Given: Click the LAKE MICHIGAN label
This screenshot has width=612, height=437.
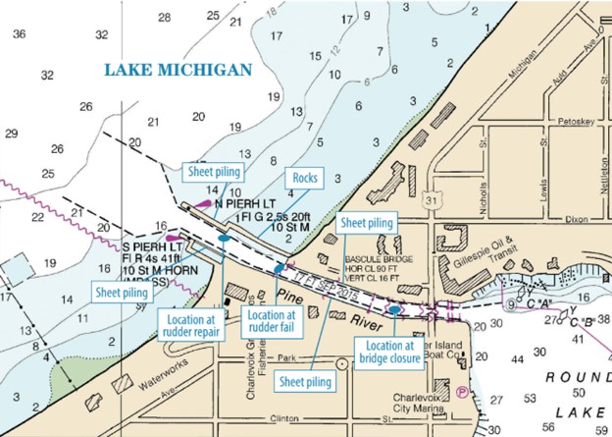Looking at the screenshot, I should pyautogui.click(x=178, y=69).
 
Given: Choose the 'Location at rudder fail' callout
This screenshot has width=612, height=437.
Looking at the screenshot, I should pyautogui.click(x=270, y=321).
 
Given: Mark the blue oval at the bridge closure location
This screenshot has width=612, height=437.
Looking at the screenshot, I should pyautogui.click(x=394, y=309).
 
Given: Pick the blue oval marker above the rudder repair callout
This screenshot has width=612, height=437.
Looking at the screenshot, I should pyautogui.click(x=224, y=239).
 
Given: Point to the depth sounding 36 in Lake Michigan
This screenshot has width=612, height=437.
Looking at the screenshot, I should pyautogui.click(x=19, y=33).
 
